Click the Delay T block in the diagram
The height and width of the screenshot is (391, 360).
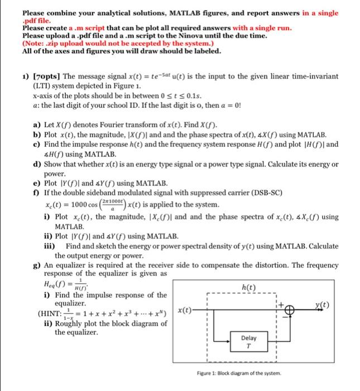[x=248, y=341]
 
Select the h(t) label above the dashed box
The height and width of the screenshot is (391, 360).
[x=248, y=288]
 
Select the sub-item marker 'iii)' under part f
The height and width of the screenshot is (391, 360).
[x=50, y=246]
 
